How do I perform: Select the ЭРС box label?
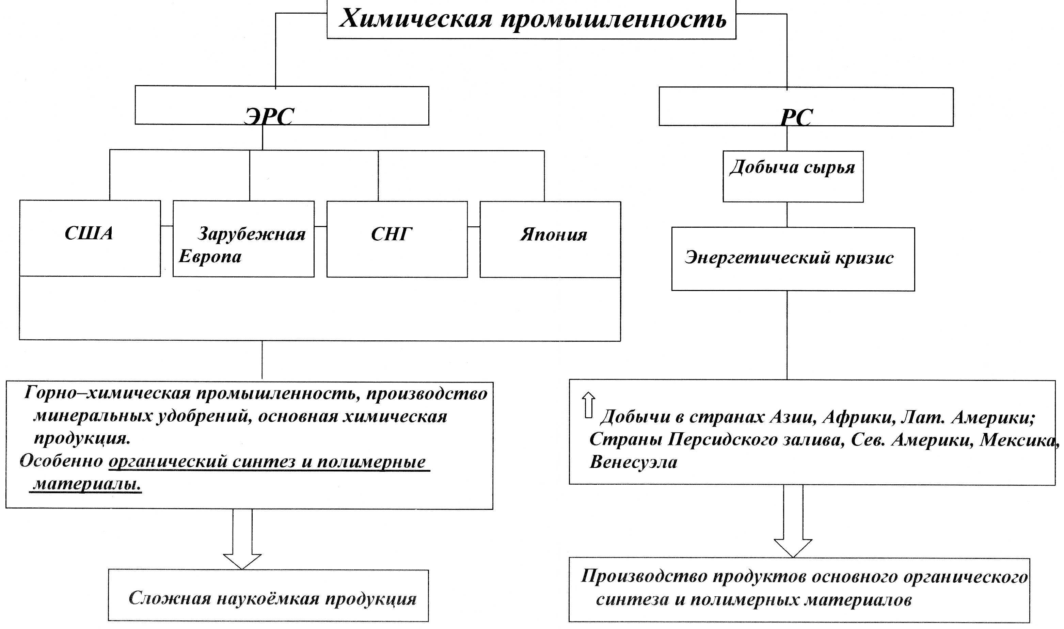pyautogui.click(x=269, y=116)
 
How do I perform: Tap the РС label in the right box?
pyautogui.click(x=796, y=117)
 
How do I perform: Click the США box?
pyautogui.click(x=90, y=238)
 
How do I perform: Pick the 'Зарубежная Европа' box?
pyautogui.click(x=244, y=239)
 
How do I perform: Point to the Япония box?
pyautogui.click(x=550, y=240)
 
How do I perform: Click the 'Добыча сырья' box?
pyautogui.click(x=793, y=177)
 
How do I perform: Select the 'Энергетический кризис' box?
pyautogui.click(x=793, y=259)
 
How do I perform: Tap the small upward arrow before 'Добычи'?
pyautogui.click(x=588, y=405)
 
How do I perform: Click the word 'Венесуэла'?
pyautogui.click(x=633, y=462)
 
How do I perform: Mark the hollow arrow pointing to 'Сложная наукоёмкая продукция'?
pyautogui.click(x=242, y=539)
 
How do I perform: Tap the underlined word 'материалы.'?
pyautogui.click(x=87, y=484)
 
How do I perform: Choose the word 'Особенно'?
pyautogui.click(x=62, y=461)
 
